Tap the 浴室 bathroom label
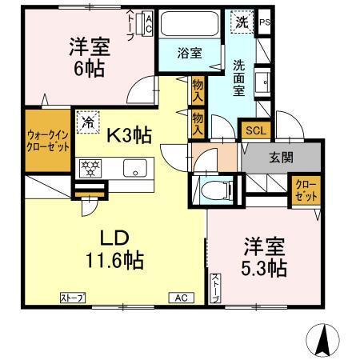(x=190, y=53)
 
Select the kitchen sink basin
(x=134, y=168)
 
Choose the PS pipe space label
(x=265, y=22)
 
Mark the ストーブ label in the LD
(x=74, y=298)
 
